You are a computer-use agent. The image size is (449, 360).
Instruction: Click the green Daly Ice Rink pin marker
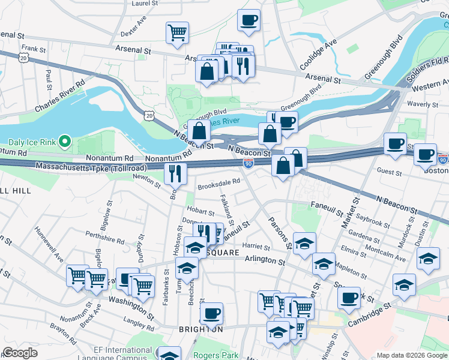(66, 142)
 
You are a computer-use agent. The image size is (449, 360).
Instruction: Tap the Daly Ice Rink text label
(33, 143)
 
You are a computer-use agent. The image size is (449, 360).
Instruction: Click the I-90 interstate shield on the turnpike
(248, 163)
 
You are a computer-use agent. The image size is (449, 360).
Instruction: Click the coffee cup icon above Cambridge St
(349, 298)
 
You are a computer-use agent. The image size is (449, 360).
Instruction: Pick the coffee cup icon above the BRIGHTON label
(211, 313)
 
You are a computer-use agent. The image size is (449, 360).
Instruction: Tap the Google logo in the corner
(20, 353)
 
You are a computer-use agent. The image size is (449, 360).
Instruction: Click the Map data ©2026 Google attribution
(411, 355)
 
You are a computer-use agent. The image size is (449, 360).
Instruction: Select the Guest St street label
(390, 172)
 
